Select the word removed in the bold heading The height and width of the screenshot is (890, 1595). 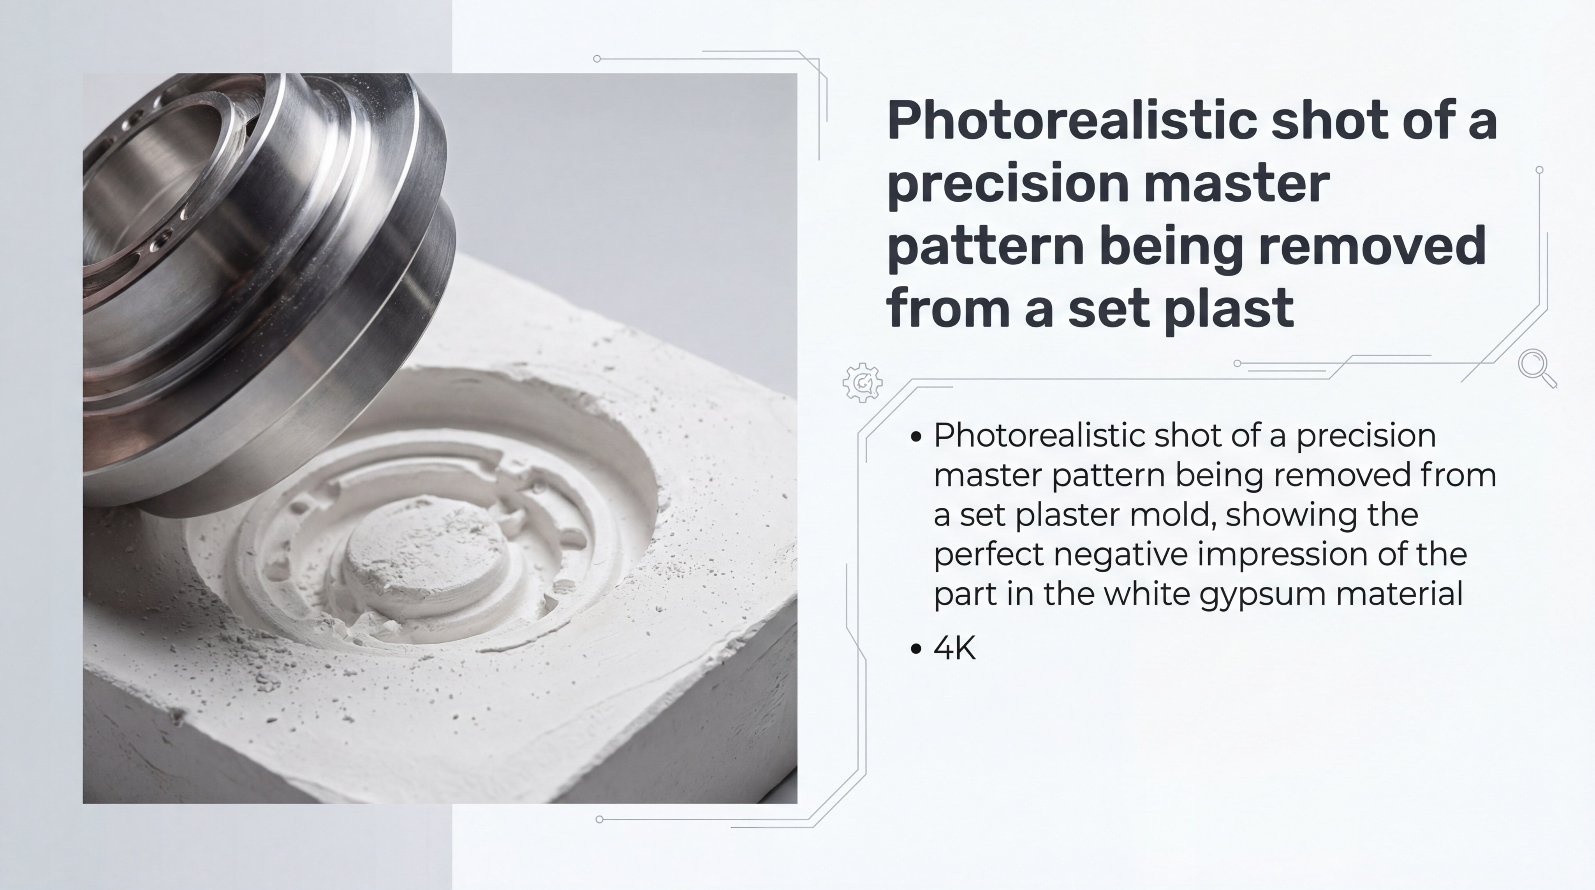pos(1373,245)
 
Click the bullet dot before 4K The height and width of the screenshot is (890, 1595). pos(916,649)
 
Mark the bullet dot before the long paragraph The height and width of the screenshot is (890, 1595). pos(916,436)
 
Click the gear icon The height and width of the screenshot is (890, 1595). pos(863,383)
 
